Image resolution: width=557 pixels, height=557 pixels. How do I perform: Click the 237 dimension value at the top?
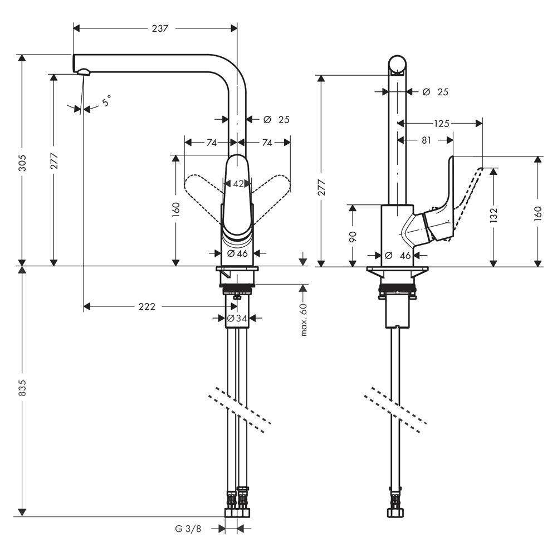point(160,28)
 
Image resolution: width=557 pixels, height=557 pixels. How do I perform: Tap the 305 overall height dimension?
point(22,162)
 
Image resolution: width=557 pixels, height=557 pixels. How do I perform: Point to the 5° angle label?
point(106,100)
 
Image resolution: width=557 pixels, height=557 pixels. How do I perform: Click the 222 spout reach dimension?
point(146,306)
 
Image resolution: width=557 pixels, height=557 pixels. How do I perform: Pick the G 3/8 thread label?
point(188,529)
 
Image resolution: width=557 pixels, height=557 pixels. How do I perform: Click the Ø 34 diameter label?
point(237,318)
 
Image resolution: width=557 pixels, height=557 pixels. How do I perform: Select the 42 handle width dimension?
point(238,184)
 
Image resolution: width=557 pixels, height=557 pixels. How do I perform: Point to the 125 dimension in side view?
point(442,124)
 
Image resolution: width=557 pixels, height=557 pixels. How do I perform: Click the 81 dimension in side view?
point(426,140)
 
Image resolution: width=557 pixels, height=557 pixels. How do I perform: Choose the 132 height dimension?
point(494,215)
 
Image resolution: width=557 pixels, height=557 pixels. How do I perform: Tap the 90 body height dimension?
point(353,236)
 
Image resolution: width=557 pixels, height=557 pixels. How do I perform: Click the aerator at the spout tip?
point(84,71)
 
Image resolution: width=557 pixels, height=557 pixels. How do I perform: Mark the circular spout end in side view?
point(397,65)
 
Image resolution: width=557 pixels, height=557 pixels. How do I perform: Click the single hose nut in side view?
point(396,512)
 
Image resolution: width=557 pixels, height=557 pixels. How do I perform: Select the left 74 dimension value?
point(212,143)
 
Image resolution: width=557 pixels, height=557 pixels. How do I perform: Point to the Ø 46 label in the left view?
point(237,253)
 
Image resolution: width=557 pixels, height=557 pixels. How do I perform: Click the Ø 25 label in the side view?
point(436,92)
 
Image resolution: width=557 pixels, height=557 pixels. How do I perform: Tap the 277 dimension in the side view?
point(321,187)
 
